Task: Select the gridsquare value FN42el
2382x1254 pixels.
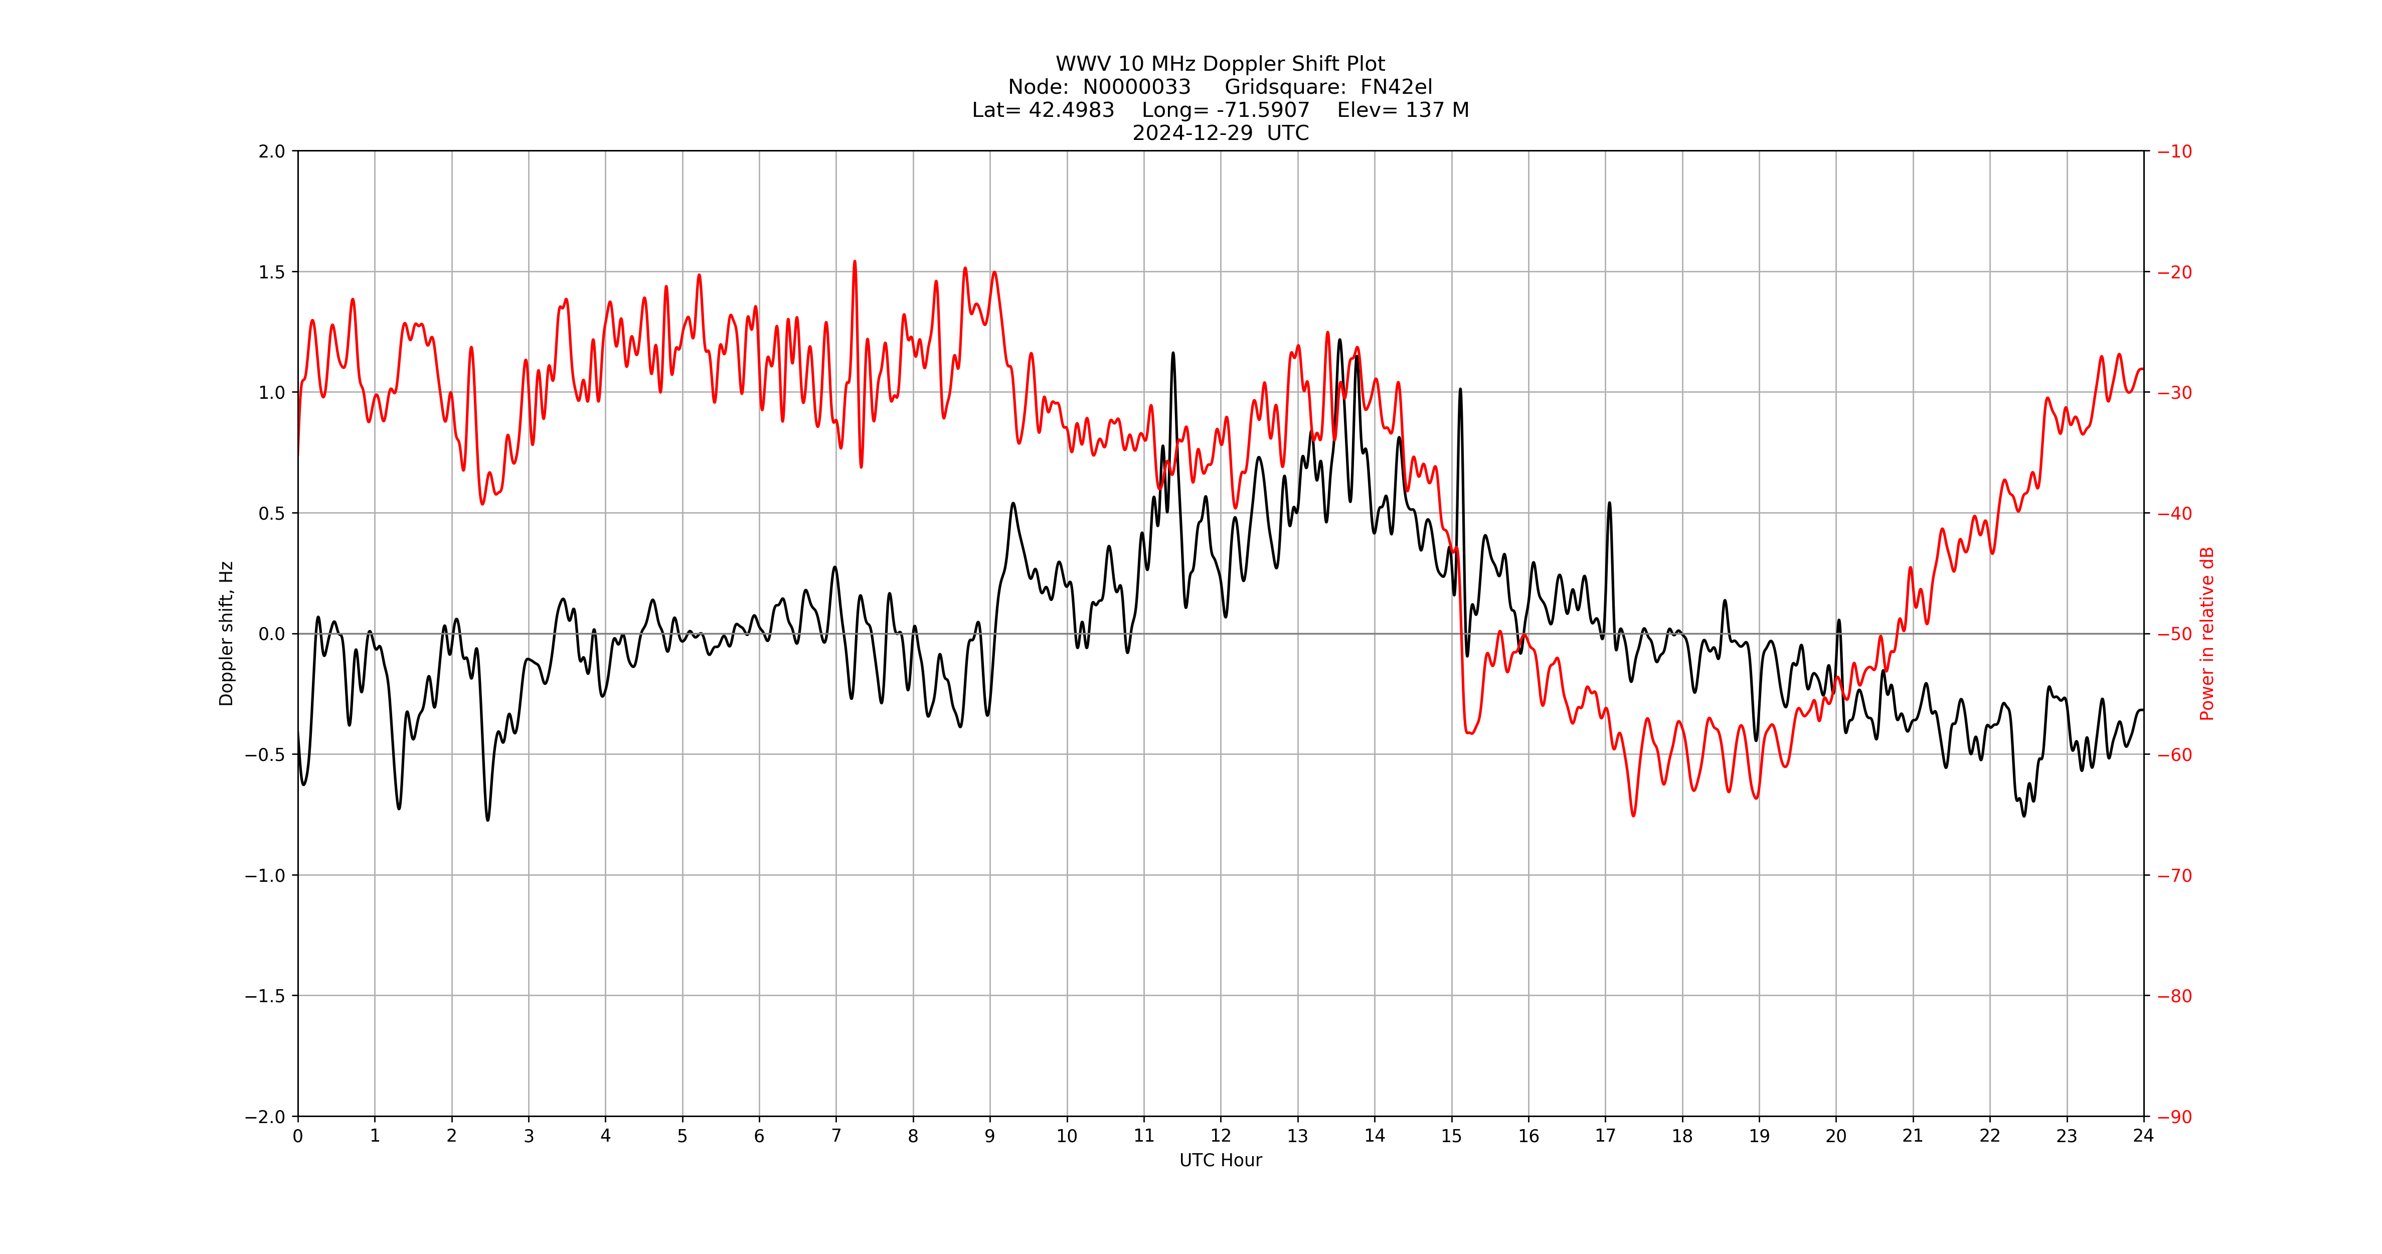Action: coord(1396,87)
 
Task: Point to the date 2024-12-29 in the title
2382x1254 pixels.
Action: coord(1193,133)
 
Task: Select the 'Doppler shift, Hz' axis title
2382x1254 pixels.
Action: coord(227,634)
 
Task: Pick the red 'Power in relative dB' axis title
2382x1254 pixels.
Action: coord(2207,634)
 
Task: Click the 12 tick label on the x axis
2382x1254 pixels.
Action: coord(1221,1137)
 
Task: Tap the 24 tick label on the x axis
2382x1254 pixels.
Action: coord(2143,1137)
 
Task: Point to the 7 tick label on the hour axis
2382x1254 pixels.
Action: coord(836,1137)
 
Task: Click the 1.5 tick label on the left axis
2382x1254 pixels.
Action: coord(272,272)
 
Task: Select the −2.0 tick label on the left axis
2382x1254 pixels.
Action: coord(265,1117)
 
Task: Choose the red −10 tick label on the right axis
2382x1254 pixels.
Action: coord(2175,151)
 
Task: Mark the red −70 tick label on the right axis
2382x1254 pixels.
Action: coord(2175,876)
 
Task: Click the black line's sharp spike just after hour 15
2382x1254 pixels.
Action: coord(1460,390)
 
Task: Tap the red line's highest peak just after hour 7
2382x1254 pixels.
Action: coord(855,262)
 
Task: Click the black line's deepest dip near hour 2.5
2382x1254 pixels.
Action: coord(487,819)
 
